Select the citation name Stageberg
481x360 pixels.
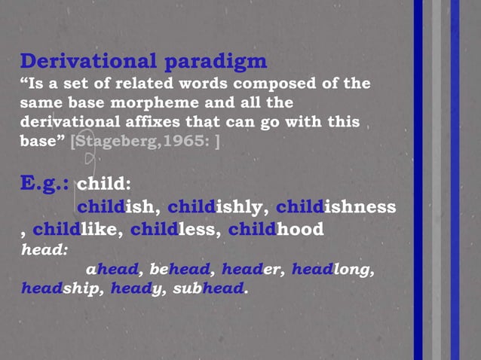tap(115, 139)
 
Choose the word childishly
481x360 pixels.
tap(216, 206)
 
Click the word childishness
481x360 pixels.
tap(335, 206)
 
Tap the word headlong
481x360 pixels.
tap(332, 269)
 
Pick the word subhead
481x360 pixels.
tap(213, 288)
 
